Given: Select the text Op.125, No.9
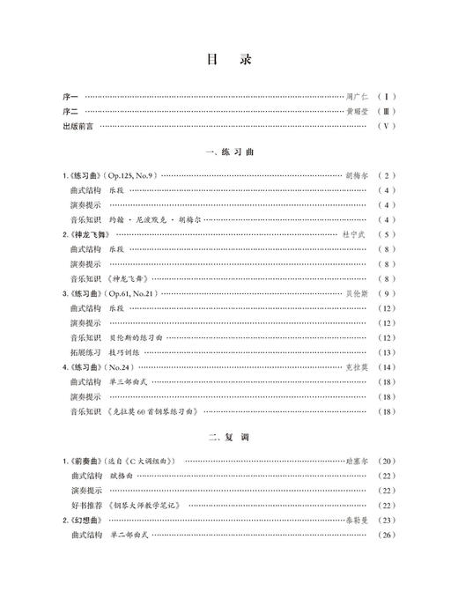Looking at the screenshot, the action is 130,176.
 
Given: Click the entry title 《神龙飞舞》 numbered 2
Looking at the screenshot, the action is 86,235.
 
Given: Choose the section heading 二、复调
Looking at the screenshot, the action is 228,438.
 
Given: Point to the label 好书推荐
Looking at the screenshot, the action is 86,505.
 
